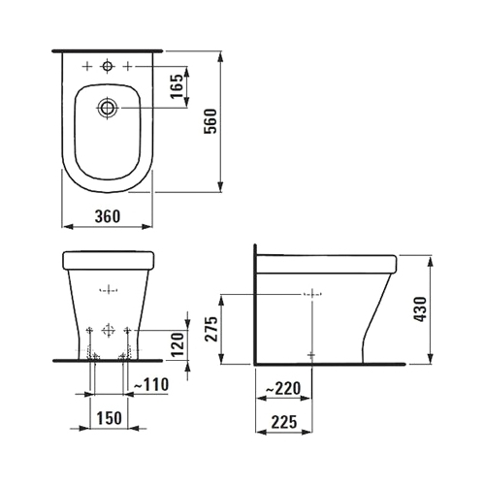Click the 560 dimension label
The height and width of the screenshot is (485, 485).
tap(210, 121)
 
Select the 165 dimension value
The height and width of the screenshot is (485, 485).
tap(177, 86)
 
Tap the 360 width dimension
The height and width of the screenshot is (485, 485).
tap(108, 216)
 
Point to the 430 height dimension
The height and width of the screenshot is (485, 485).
tap(420, 309)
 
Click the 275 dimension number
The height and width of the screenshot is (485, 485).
tap(211, 329)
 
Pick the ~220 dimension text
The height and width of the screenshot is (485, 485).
tap(283, 388)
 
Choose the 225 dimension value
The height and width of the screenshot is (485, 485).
tap(284, 422)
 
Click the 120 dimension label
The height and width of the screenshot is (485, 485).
tap(177, 344)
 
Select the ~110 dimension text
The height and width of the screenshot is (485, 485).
tap(151, 384)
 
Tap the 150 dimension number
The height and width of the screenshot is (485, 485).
tap(109, 418)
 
